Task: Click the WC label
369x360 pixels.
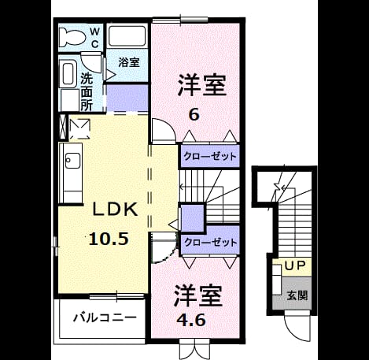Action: [x=94, y=39]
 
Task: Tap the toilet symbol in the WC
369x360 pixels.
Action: [x=72, y=38]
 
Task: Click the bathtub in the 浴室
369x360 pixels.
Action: [x=127, y=36]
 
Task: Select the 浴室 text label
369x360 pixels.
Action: [x=129, y=62]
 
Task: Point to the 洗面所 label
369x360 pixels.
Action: [x=87, y=92]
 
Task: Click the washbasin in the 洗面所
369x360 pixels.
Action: [x=68, y=73]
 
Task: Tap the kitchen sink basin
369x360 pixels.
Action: [x=72, y=161]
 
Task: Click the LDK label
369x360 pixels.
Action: [x=115, y=210]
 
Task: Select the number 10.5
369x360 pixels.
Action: [x=109, y=239]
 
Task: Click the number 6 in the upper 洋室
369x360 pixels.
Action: [x=194, y=115]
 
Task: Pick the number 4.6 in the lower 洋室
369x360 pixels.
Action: [x=191, y=320]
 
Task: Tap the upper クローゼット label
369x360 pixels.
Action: [x=210, y=157]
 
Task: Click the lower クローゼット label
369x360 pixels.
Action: [x=211, y=243]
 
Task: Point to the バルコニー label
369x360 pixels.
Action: [x=105, y=317]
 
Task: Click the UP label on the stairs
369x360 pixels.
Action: [x=295, y=266]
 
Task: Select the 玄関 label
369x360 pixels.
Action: [x=297, y=295]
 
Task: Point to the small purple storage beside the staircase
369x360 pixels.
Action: [x=193, y=218]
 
